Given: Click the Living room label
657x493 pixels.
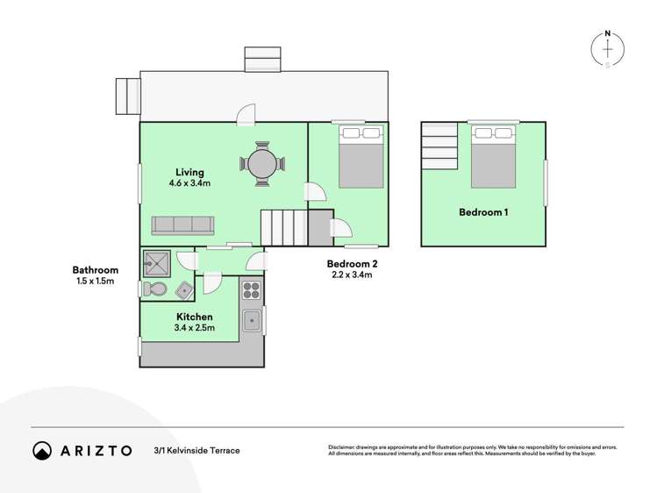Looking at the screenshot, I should tap(189, 172).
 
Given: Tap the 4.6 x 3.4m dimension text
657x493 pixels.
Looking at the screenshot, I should tap(189, 184).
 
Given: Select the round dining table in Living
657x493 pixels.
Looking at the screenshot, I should tap(261, 164).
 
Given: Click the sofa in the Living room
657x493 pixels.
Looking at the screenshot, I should tap(182, 225).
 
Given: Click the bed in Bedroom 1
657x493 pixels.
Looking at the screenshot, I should tap(492, 158).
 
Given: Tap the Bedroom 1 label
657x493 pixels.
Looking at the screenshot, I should tap(483, 212).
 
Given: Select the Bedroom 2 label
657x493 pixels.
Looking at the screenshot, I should tap(351, 263).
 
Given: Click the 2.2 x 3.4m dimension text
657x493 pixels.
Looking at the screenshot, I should tap(351, 275).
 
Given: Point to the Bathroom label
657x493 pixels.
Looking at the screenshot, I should tap(95, 270).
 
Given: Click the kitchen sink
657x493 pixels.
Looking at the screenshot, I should tap(252, 321).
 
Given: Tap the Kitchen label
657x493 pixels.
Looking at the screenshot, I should tap(194, 317).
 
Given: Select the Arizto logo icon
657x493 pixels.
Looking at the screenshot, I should tap(42, 450).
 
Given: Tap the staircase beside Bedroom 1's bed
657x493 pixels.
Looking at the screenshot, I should tap(439, 146).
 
